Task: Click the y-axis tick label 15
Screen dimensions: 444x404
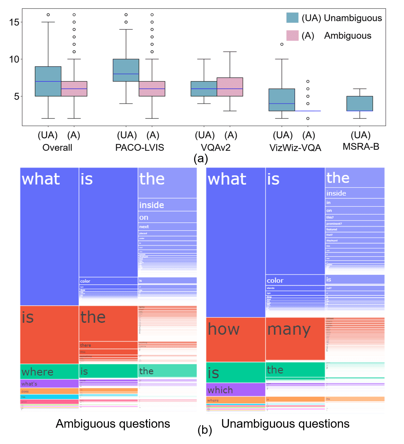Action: [x=14, y=22]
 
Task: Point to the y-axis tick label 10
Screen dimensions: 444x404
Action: [x=14, y=59]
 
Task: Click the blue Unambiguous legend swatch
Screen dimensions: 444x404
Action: [x=292, y=18]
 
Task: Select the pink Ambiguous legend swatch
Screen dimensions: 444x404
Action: [x=292, y=35]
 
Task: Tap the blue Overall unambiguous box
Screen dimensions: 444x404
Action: [x=48, y=81]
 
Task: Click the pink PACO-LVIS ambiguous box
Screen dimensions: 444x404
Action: [x=152, y=89]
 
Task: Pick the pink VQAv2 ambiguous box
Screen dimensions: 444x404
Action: [x=230, y=87]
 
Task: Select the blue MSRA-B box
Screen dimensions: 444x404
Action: [x=360, y=103]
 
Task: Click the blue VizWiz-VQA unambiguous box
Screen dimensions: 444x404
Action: [x=281, y=100]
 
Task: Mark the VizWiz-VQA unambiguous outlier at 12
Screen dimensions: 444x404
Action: [x=282, y=44]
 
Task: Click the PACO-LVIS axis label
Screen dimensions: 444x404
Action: [x=139, y=148]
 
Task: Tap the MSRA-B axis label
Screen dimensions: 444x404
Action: [x=361, y=147]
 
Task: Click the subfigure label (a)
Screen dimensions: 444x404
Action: [x=201, y=158]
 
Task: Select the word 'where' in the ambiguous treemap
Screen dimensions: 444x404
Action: [x=37, y=372]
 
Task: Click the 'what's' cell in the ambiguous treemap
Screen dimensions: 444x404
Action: [x=29, y=384]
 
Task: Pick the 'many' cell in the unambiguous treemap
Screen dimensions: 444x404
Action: [x=289, y=330]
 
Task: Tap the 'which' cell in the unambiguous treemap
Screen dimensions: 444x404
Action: [x=220, y=390]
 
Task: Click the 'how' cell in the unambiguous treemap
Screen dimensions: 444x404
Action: [x=224, y=329]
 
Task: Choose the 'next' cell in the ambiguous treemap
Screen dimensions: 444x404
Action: [x=144, y=226]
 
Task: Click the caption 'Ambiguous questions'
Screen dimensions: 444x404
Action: [x=113, y=424]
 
